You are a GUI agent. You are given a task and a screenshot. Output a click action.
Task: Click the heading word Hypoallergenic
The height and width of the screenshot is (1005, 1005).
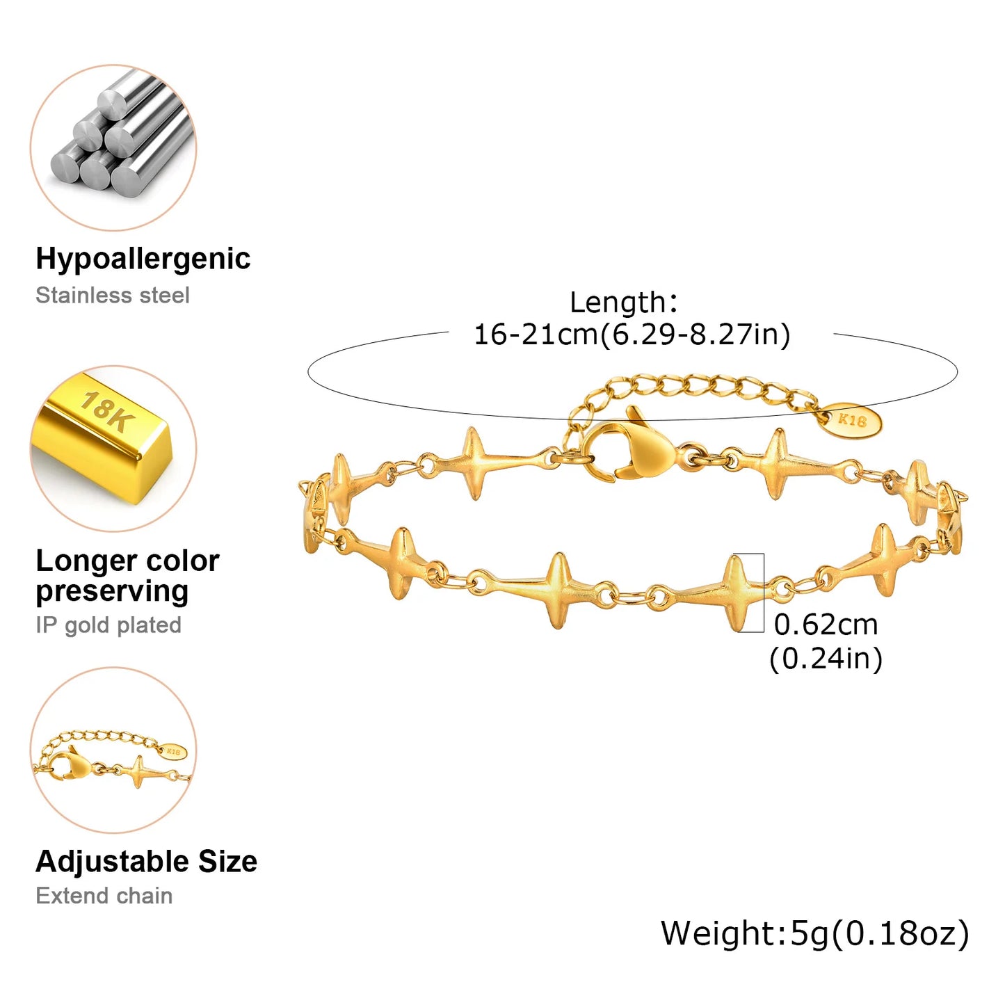click(x=143, y=259)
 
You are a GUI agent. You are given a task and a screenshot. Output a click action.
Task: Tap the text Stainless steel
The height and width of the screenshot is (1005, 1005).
click(x=112, y=296)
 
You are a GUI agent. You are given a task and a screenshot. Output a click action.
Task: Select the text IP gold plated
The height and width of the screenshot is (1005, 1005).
click(x=108, y=625)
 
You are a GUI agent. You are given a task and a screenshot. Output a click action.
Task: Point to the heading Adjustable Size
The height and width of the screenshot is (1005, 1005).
click(x=146, y=862)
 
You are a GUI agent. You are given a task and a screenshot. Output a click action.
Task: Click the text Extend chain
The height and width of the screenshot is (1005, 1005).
click(x=104, y=896)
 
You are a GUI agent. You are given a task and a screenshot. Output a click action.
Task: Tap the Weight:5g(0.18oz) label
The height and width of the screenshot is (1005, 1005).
click(x=814, y=933)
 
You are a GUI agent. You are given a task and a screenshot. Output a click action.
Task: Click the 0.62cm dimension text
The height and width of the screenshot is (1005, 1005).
click(x=826, y=625)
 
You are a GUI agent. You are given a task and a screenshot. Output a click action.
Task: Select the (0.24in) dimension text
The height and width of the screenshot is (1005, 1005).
click(x=826, y=658)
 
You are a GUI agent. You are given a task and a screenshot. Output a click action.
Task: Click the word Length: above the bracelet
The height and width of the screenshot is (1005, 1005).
click(x=623, y=303)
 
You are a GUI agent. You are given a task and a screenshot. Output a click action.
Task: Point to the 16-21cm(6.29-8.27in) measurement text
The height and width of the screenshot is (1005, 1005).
click(x=632, y=335)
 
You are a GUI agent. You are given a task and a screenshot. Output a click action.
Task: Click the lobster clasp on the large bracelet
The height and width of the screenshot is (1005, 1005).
click(x=633, y=449)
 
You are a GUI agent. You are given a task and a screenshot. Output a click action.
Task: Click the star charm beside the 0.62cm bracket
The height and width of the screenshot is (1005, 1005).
click(x=735, y=593)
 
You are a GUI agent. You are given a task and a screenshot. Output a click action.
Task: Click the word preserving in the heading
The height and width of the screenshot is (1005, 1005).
click(x=112, y=592)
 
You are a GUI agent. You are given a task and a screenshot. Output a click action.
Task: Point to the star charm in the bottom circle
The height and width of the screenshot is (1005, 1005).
click(x=140, y=772)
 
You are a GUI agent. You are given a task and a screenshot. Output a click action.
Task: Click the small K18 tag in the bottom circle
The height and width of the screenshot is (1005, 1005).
click(x=174, y=752)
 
